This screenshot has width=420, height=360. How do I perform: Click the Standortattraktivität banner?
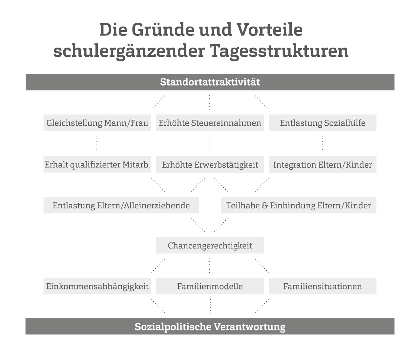click(210, 82)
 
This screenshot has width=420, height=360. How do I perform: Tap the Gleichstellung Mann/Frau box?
click(97, 123)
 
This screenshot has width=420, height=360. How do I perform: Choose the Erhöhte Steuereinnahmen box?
click(210, 123)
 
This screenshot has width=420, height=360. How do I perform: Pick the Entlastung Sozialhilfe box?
click(323, 123)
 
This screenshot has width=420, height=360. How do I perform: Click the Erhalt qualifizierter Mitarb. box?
click(97, 164)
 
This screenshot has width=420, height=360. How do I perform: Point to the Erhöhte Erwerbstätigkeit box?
click(210, 164)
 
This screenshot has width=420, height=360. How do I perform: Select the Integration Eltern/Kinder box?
click(323, 164)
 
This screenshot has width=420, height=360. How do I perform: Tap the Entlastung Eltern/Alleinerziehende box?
click(121, 205)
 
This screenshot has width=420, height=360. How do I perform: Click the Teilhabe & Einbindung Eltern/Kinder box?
click(299, 205)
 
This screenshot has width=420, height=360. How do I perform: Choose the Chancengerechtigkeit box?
click(210, 245)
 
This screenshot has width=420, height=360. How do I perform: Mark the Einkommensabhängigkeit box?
click(97, 286)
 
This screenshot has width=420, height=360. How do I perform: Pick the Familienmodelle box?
click(210, 286)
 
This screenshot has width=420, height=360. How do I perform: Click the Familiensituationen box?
click(323, 286)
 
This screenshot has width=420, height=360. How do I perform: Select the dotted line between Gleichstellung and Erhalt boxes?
click(97, 143)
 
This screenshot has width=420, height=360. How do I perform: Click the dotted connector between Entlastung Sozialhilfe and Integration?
click(323, 143)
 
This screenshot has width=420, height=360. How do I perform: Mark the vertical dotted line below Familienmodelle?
click(210, 306)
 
